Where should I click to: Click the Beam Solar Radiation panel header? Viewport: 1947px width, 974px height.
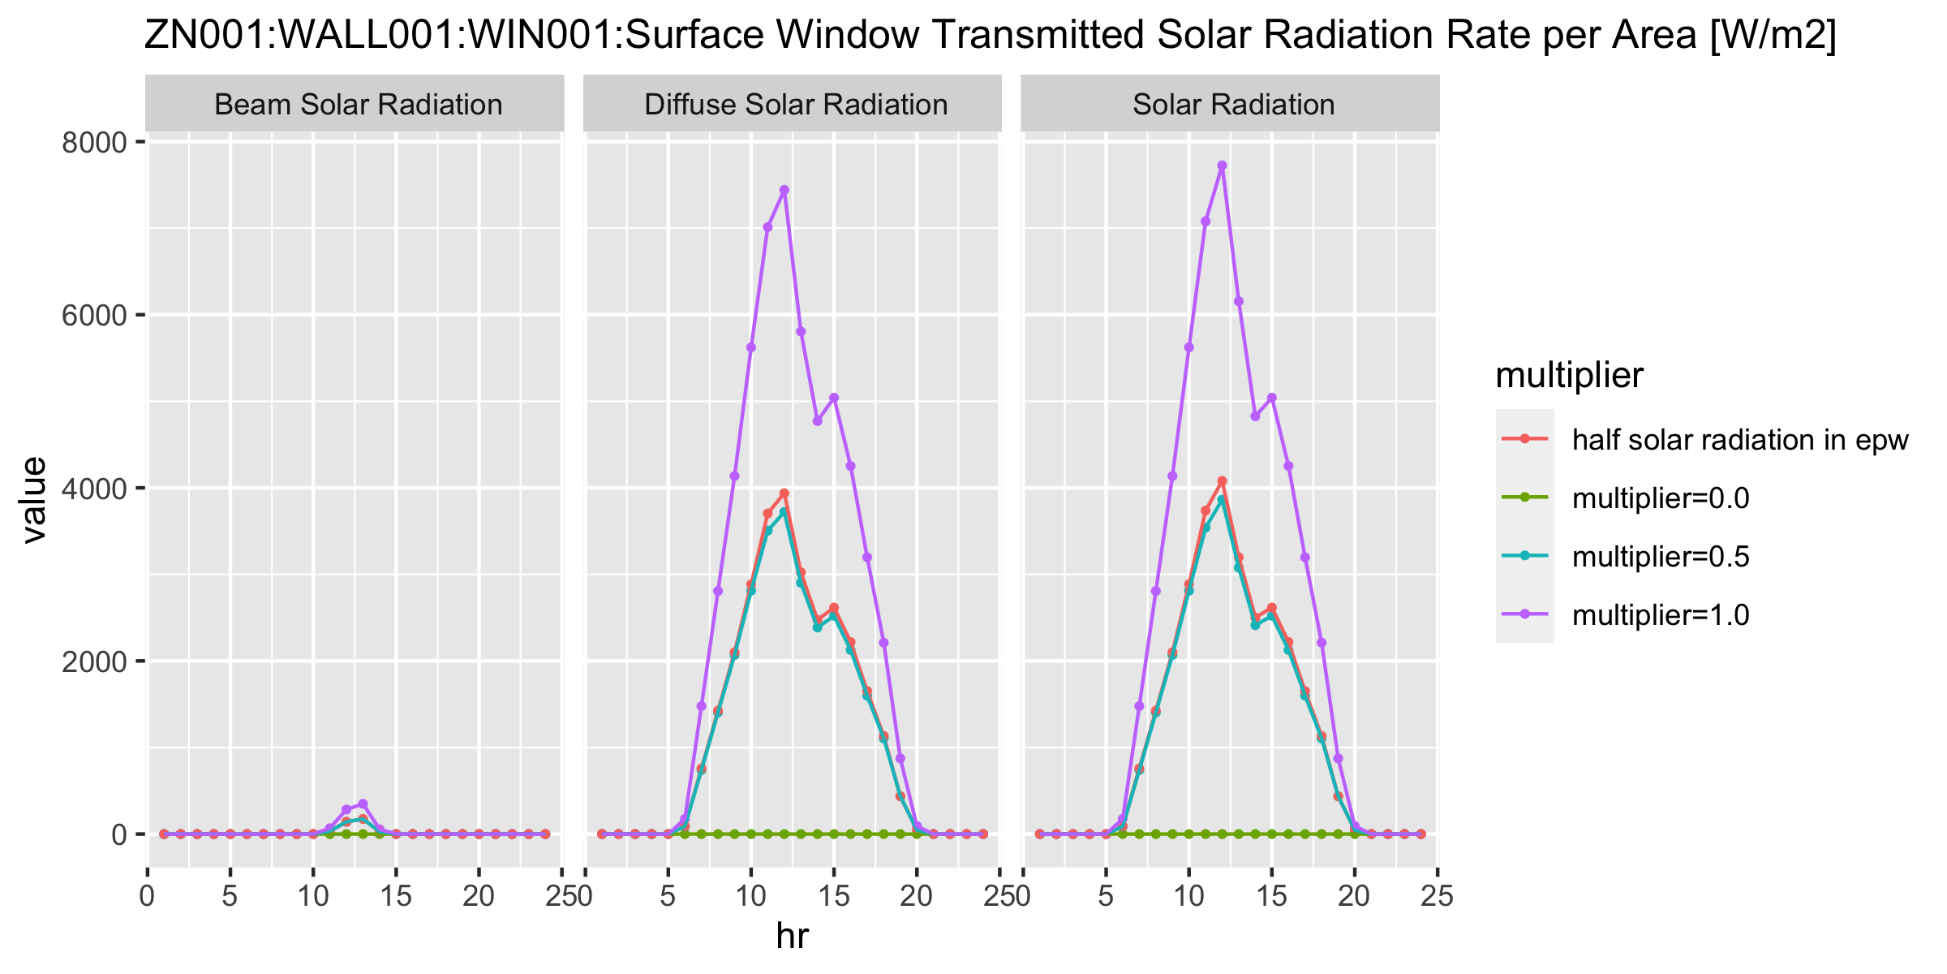(x=358, y=105)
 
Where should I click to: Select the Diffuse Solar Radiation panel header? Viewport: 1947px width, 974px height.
(x=795, y=105)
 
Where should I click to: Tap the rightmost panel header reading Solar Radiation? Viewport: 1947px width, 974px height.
(x=1233, y=105)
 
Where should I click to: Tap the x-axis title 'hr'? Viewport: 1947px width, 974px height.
(x=792, y=936)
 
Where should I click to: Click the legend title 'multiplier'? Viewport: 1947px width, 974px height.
(x=1569, y=375)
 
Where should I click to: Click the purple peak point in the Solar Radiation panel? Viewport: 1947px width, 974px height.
(x=1222, y=166)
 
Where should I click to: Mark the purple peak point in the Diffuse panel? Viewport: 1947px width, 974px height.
(x=784, y=190)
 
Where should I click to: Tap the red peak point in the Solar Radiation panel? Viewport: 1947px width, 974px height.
(x=1222, y=481)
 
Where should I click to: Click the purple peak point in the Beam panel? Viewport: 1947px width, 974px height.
(x=363, y=804)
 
